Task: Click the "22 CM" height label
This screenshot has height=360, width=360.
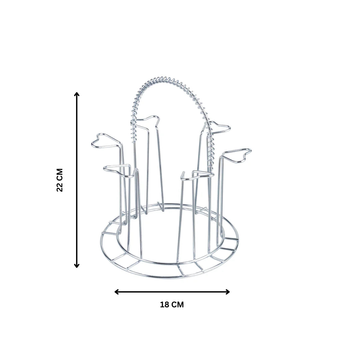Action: click(60, 180)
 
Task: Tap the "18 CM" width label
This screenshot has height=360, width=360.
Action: click(172, 305)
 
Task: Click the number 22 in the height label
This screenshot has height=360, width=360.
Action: click(60, 188)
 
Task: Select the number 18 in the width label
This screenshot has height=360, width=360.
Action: click(165, 305)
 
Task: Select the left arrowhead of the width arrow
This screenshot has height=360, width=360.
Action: click(116, 292)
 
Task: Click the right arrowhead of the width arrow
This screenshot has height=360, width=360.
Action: click(228, 292)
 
